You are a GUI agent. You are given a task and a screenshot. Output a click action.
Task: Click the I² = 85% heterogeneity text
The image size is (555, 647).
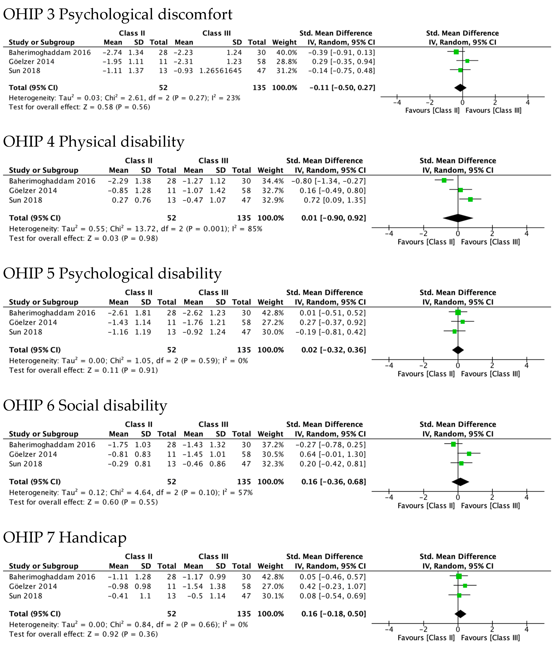click(247, 229)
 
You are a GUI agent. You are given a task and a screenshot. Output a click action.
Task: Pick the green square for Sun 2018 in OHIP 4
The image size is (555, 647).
click(470, 199)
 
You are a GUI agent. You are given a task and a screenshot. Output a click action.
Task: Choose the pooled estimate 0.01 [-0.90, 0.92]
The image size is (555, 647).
click(333, 218)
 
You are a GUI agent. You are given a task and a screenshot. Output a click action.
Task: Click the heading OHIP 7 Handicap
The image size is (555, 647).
click(65, 537)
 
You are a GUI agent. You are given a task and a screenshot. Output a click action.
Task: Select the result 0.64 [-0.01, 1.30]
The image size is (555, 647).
click(333, 454)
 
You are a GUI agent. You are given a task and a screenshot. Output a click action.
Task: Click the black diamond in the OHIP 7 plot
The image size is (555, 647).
click(460, 614)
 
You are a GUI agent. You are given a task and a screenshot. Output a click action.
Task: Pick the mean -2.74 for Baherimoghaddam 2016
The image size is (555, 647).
click(112, 52)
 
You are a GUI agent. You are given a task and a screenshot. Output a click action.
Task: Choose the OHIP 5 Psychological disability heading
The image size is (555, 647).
click(112, 274)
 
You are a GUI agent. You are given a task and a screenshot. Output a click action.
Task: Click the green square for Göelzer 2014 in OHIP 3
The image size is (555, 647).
click(467, 61)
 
